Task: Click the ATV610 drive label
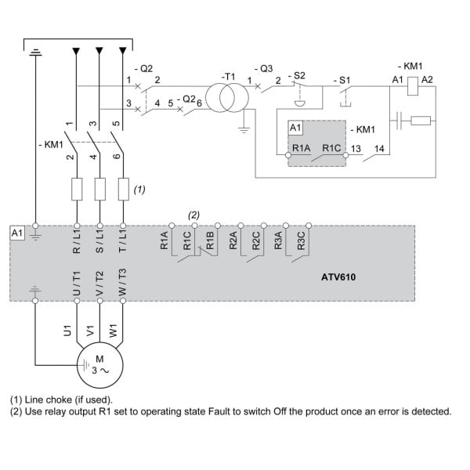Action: [338, 277]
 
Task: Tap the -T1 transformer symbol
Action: [227, 98]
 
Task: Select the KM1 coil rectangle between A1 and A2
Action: [413, 86]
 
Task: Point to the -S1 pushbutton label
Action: [342, 81]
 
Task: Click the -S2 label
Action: [297, 75]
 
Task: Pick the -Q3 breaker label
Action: [264, 69]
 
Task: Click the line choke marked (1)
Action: [124, 189]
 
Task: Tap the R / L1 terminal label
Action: [77, 241]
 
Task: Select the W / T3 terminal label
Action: [123, 282]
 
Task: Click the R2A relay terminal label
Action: [233, 240]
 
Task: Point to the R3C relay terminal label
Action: [301, 240]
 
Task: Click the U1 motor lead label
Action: [67, 331]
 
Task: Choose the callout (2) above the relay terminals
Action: [193, 215]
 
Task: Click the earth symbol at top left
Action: [36, 52]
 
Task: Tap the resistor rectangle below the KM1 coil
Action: [421, 121]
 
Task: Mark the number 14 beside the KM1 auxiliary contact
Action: [379, 149]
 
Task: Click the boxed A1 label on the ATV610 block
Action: [17, 233]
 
